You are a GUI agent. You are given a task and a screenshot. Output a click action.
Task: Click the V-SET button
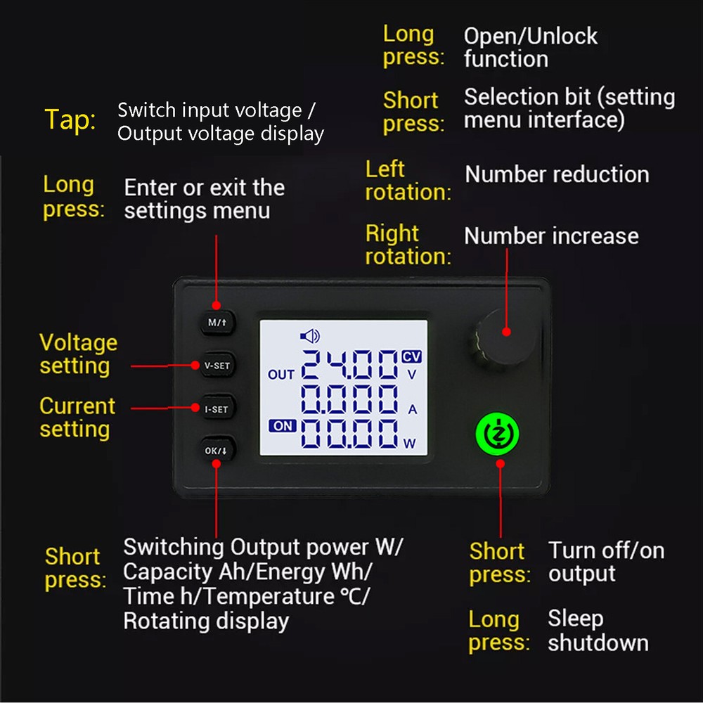(x=217, y=365)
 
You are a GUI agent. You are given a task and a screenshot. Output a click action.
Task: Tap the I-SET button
(x=217, y=408)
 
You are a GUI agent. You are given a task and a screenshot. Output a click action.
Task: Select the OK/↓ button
(x=217, y=451)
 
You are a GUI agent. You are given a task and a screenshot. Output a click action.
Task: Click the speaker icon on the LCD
(x=309, y=337)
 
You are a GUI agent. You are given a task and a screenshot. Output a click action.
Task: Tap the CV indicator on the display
(x=411, y=356)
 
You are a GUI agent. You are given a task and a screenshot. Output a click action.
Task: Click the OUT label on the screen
(x=280, y=375)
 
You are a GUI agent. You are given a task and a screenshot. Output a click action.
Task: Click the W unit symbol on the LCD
(x=410, y=443)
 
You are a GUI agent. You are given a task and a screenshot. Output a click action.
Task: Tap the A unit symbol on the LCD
(x=413, y=408)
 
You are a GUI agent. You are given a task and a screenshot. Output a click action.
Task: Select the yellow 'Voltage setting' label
(x=78, y=354)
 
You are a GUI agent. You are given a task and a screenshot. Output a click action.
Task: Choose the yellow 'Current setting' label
(x=77, y=418)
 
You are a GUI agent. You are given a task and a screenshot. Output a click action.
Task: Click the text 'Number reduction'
(x=557, y=174)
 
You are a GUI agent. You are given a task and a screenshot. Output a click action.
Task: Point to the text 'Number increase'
(x=551, y=236)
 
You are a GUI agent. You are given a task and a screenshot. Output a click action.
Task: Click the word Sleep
(x=575, y=619)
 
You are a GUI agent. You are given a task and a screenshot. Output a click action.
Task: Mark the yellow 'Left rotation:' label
(x=408, y=181)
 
